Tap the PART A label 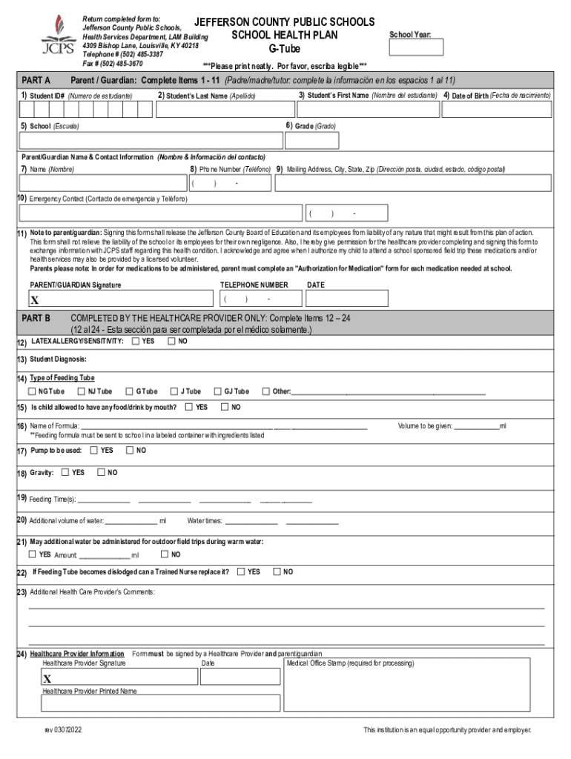[x=36, y=80]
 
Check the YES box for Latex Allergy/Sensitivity [x=136, y=342]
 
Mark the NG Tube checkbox [x=33, y=391]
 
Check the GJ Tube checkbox [x=218, y=391]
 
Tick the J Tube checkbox [x=174, y=391]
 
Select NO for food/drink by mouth [x=225, y=407]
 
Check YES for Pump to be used [x=94, y=450]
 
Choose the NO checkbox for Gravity [x=102, y=472]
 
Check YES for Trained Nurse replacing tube [x=241, y=571]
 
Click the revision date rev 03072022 [x=63, y=730]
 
